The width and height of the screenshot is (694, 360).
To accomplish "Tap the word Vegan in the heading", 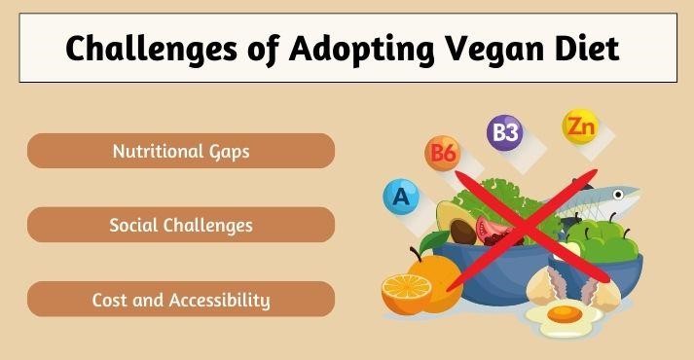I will [x=486, y=48].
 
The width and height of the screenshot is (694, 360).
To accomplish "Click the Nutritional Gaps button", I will [x=181, y=151].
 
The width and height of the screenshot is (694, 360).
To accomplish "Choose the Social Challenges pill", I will [x=181, y=225].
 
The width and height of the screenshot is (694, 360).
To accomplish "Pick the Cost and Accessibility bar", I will [x=181, y=299].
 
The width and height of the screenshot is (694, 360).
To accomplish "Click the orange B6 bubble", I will [x=443, y=154].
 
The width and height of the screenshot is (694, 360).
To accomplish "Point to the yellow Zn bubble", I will [x=579, y=126].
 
